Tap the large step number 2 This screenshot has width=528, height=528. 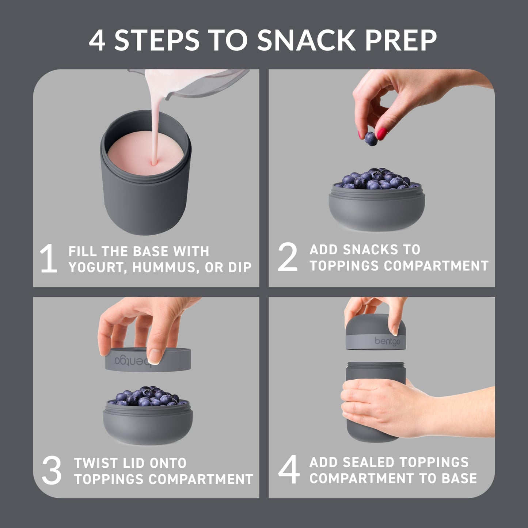[288, 257]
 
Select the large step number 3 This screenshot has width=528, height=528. [52, 471]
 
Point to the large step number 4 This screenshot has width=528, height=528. [289, 470]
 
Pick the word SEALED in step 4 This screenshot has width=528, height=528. [372, 462]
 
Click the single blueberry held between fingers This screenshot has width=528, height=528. [371, 138]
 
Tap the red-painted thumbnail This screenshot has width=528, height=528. [381, 133]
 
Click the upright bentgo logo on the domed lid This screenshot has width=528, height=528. [387, 341]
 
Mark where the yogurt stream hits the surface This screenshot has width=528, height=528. [155, 164]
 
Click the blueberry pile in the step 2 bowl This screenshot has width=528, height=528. [376, 179]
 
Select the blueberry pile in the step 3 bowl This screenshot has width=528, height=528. [148, 396]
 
